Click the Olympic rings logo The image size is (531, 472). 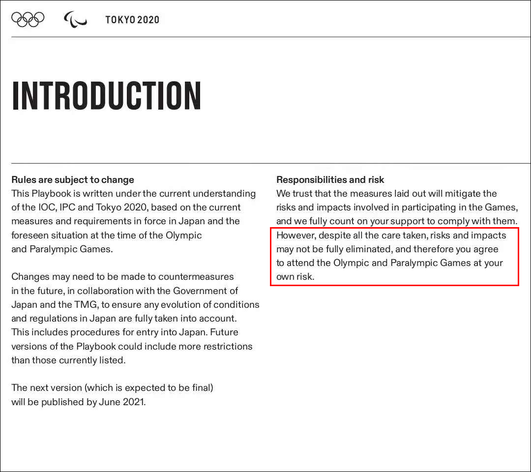[28, 19]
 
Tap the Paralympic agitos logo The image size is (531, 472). [75, 20]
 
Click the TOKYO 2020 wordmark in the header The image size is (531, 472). [132, 20]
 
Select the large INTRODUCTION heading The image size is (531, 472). [106, 95]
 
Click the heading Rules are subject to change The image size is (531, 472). [73, 180]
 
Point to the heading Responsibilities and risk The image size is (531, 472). [330, 180]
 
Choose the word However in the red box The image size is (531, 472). [295, 235]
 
